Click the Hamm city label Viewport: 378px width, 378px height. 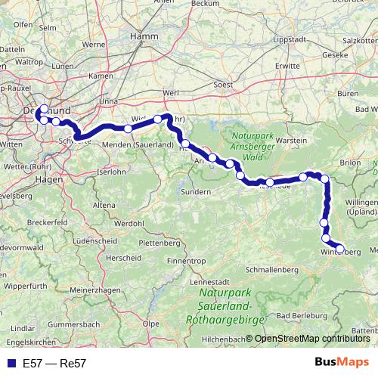click(x=143, y=35)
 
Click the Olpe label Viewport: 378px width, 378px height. click(x=150, y=323)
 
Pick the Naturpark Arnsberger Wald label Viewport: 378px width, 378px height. click(x=253, y=141)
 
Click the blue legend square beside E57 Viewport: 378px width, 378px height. click(x=9, y=364)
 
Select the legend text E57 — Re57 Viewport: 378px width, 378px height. click(x=54, y=364)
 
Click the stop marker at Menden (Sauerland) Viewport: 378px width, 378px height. click(x=128, y=129)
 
